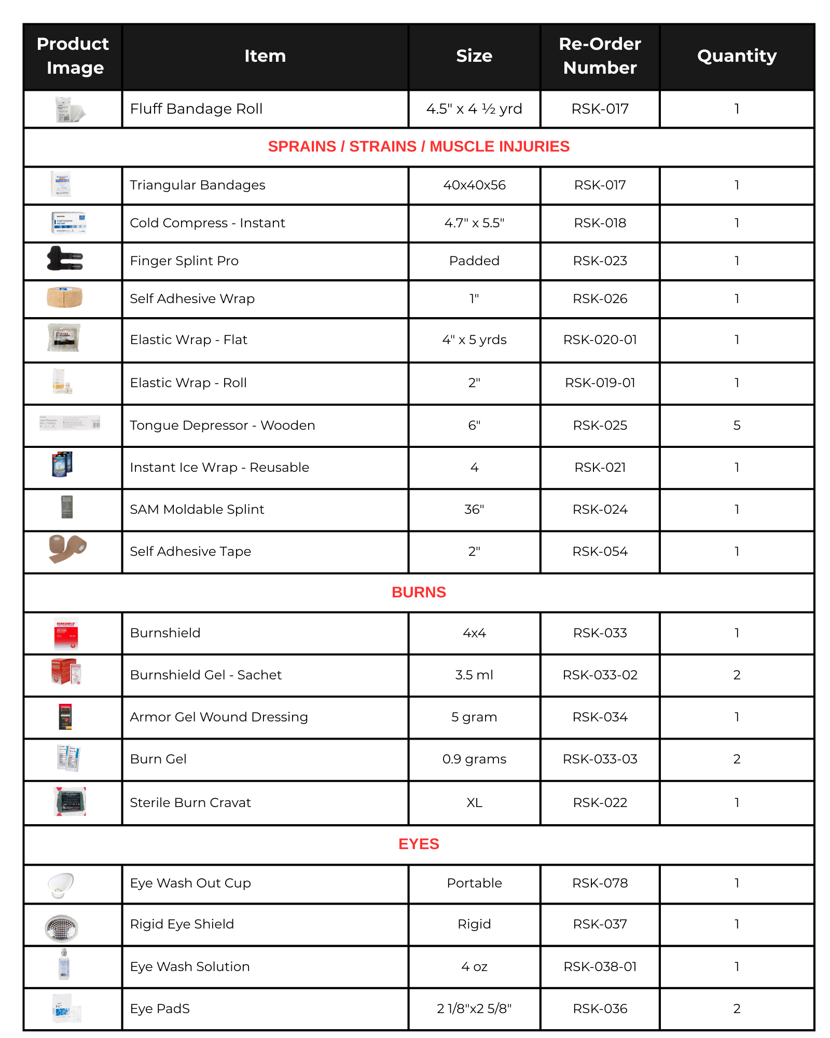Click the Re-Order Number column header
tap(600, 56)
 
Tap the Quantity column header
tap(736, 56)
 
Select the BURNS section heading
tap(419, 592)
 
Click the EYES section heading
tap(419, 844)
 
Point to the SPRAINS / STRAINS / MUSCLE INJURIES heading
tap(419, 146)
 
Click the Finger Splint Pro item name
tap(184, 261)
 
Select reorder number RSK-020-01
tap(600, 339)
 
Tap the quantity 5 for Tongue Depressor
tap(737, 425)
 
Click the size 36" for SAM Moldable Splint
tap(474, 509)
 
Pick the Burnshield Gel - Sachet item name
tap(206, 675)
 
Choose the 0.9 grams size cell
tap(474, 759)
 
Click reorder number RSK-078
tap(600, 883)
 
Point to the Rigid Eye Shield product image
tap(62, 928)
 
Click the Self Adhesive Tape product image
tap(67, 548)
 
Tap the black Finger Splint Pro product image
tap(65, 258)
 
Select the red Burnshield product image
tap(66, 634)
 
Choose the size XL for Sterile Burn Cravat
tap(474, 802)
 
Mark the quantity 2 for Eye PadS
tap(737, 1008)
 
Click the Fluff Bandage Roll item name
tap(196, 108)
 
